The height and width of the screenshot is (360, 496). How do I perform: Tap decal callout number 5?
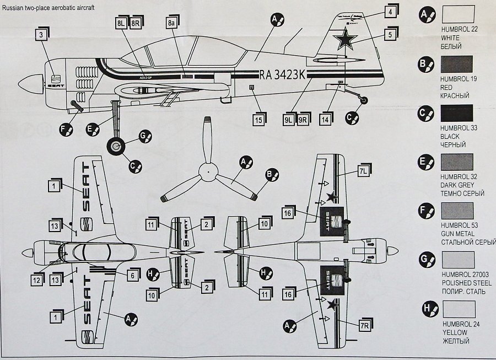coord(390,34)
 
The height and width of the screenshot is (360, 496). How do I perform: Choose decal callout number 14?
coord(325,119)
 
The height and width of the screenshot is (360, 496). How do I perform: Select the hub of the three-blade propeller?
coord(207,171)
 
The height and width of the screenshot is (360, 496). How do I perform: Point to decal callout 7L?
coord(363,172)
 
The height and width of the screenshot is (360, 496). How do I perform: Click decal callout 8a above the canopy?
coord(172,23)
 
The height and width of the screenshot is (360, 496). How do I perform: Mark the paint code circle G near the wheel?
coord(145,135)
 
